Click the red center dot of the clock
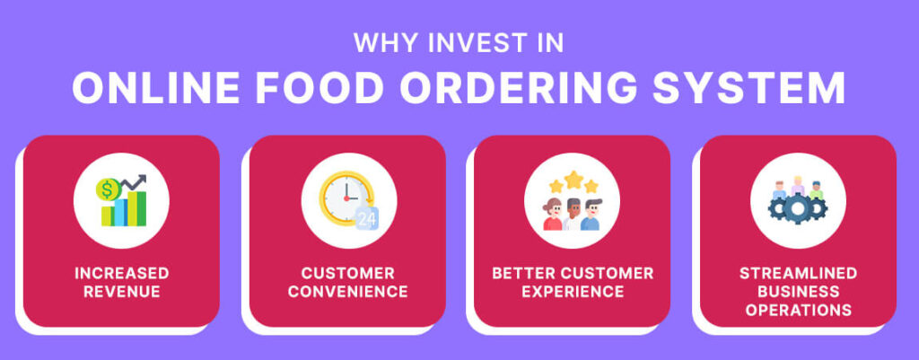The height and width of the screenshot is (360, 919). pyautogui.click(x=344, y=198)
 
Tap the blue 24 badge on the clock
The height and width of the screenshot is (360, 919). pyautogui.click(x=366, y=218)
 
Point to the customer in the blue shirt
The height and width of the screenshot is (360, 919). pyautogui.click(x=590, y=215)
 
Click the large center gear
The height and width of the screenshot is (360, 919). pyautogui.click(x=797, y=209)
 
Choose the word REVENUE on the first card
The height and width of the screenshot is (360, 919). pyautogui.click(x=122, y=292)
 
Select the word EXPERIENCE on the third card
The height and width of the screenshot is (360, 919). pyautogui.click(x=572, y=292)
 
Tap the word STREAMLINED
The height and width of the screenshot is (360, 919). pyautogui.click(x=798, y=273)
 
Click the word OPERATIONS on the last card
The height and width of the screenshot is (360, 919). pyautogui.click(x=798, y=311)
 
